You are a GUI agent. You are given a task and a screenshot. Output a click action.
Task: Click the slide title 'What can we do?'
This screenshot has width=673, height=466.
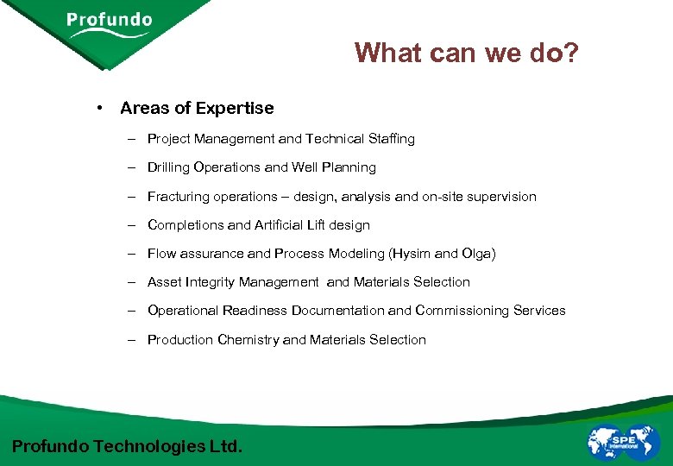(x=467, y=54)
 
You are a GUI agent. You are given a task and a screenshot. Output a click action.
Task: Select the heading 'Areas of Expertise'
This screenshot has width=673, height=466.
(x=197, y=108)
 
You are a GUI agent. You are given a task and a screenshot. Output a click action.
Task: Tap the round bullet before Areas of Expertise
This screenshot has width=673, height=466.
(x=101, y=108)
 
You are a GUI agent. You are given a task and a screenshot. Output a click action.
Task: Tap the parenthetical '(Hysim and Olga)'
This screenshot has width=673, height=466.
(x=443, y=254)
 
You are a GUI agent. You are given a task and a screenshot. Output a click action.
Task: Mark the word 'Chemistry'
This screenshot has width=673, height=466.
(x=248, y=340)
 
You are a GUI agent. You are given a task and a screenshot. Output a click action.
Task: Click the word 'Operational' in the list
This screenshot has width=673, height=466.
(x=183, y=311)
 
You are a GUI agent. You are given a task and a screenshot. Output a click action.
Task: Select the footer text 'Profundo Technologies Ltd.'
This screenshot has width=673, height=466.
(x=128, y=446)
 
